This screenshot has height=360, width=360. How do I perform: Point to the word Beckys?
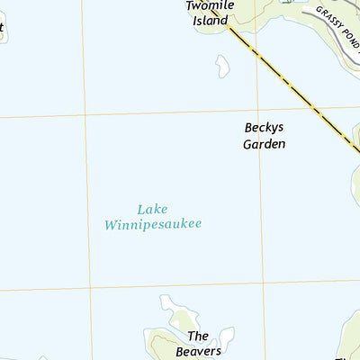265,128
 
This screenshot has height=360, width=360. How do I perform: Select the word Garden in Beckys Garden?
265,143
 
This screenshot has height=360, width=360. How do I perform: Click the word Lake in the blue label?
153,209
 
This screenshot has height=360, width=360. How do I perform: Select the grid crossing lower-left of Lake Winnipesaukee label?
90,289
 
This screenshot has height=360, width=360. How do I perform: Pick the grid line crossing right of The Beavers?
265,285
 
